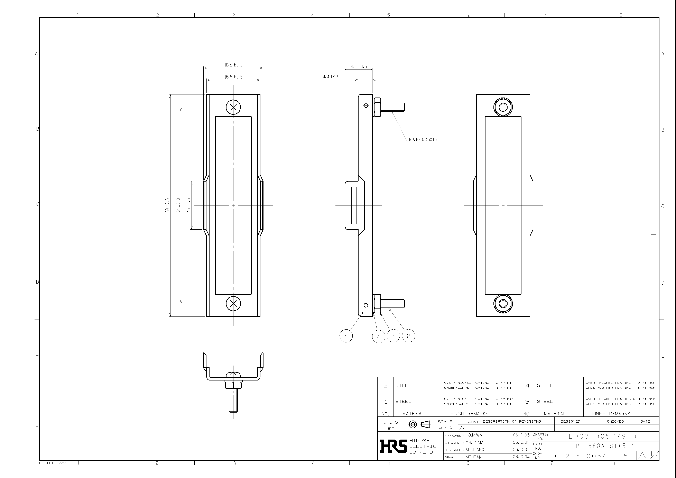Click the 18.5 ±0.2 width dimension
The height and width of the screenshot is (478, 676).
(x=233, y=65)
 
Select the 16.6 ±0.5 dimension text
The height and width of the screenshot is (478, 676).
(x=233, y=77)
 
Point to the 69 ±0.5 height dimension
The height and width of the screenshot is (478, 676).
(x=167, y=205)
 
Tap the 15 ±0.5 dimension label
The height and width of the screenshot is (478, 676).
(x=188, y=205)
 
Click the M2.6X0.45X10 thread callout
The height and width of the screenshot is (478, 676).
(x=423, y=140)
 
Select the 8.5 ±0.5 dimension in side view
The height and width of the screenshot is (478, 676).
(x=358, y=67)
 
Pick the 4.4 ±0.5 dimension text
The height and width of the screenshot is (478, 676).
(x=331, y=77)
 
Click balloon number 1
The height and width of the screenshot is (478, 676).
(x=346, y=336)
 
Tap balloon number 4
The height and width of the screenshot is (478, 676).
(x=378, y=337)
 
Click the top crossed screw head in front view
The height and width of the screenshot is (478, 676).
(x=233, y=107)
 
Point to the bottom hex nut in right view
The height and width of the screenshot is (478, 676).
(x=503, y=303)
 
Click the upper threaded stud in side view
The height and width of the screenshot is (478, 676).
(x=392, y=107)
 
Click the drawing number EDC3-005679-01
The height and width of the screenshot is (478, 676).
(x=605, y=436)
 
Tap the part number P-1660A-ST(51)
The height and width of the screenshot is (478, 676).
(x=605, y=446)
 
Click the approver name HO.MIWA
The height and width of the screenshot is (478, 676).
(x=474, y=435)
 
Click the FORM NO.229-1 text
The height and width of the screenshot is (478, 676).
(x=54, y=463)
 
